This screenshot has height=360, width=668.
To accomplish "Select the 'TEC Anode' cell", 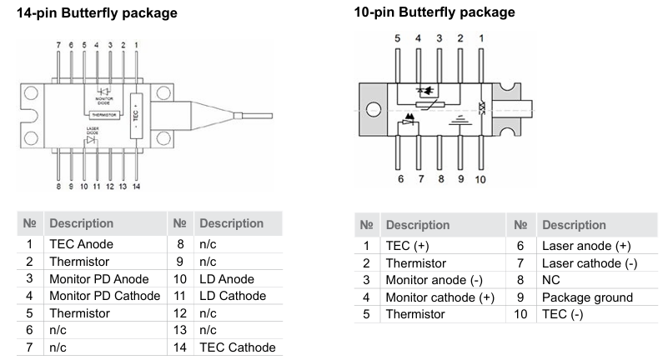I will tap(81, 244).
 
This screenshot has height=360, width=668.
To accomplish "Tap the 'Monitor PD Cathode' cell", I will tap(104, 295).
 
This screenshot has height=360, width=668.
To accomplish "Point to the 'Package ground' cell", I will tap(587, 297).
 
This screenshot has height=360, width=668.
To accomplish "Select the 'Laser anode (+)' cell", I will tap(586, 246).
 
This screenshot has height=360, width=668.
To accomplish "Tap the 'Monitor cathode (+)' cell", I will tap(438, 297).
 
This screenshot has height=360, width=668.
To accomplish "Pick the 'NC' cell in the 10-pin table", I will tap(550, 280).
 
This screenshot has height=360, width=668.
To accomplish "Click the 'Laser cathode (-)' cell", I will tap(589, 263).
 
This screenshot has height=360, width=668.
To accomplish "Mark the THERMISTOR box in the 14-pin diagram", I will tap(98, 114).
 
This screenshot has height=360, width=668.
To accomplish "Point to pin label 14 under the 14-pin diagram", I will tap(136, 187).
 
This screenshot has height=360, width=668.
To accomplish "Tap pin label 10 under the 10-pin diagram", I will tap(480, 178).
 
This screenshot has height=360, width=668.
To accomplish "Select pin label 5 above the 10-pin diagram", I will tap(398, 37).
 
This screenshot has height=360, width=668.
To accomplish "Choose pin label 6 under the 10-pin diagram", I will tap(398, 178).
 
